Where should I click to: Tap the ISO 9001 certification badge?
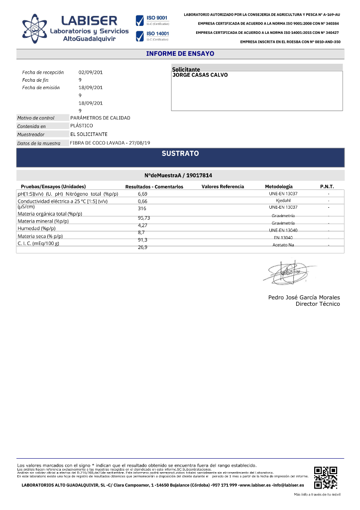point(153,20)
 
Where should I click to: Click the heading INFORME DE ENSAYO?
point(180,54)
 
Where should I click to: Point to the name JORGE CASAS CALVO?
point(200,75)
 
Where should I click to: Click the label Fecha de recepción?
point(43,72)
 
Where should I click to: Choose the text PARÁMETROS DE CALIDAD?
point(100,118)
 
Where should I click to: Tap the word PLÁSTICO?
point(82,126)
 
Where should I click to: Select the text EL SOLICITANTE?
point(89,134)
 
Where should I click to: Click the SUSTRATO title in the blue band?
point(180,153)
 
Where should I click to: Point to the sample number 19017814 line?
point(180,175)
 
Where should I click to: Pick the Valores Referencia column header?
point(223,187)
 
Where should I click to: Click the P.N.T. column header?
point(327,187)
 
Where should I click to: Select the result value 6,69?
point(142,193)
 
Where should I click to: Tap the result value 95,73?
point(144,218)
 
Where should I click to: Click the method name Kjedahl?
point(283,200)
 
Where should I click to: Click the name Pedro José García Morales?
point(304,297)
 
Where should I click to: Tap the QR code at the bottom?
point(326,477)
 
